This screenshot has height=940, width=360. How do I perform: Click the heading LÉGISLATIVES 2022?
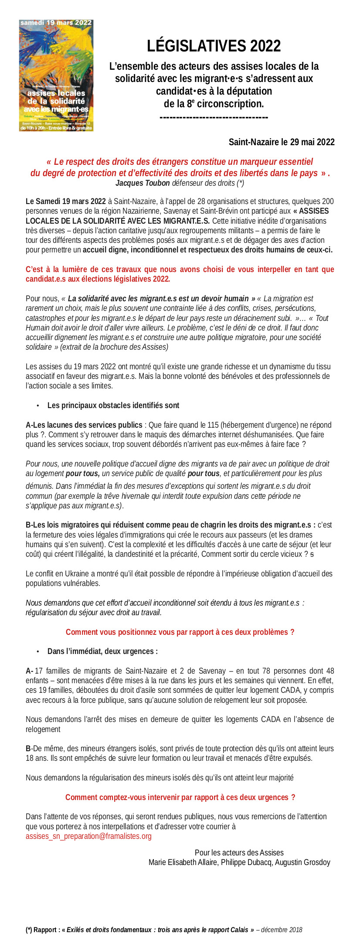coord(214,46)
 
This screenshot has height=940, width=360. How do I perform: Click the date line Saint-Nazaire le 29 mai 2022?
coord(282,142)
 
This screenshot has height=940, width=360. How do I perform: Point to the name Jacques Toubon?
coord(143,183)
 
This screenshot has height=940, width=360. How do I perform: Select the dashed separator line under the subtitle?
coord(214,117)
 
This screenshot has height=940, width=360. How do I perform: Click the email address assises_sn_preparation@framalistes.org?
coord(88,836)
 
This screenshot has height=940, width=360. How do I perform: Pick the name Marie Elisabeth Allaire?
coord(183,862)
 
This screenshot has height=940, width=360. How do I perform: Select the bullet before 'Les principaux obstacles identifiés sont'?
coord(38,406)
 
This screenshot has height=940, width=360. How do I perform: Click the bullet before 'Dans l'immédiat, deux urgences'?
coord(38,651)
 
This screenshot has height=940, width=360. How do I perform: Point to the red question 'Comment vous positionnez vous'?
coord(180,632)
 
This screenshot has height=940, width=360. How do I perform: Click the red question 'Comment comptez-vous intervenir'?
coord(180,797)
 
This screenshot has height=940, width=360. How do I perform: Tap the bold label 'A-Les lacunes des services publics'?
coord(84,425)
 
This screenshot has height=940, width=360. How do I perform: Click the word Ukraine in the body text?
coord(79,573)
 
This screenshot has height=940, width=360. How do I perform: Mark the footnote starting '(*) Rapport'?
coord(163,930)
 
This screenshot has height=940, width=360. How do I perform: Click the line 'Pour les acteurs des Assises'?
coord(239,852)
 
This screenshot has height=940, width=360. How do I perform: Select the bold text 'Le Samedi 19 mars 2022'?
coord(66,201)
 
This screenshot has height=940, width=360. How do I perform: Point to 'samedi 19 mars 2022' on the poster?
coord(56,23)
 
